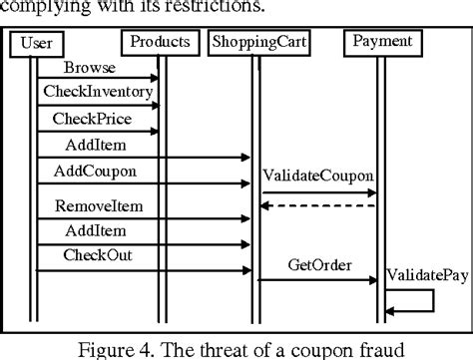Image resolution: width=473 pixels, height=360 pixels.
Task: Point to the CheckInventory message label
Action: (98, 92)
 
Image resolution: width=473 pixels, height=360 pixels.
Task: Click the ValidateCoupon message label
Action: (319, 177)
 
